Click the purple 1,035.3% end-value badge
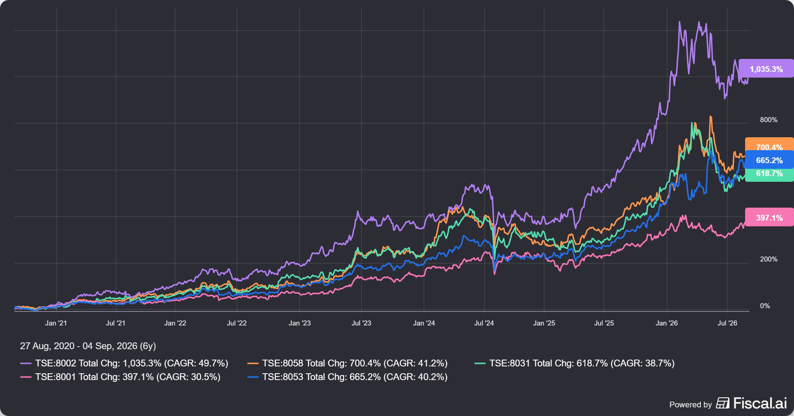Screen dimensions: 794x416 coord(766,69)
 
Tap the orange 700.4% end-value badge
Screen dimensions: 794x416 coord(769,144)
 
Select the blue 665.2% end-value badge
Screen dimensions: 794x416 coord(769,160)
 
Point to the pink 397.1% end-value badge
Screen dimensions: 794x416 coord(769,217)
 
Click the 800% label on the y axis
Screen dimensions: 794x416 coord(768,120)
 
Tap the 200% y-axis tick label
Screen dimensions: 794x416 coord(768,259)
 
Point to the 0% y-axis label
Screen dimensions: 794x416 coord(765,306)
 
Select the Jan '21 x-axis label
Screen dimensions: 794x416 coord(56,323)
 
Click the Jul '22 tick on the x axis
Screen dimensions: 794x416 coord(237,323)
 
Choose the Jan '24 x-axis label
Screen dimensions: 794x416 coord(424,323)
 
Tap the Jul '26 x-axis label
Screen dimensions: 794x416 coord(727,323)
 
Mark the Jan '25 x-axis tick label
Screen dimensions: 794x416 coord(544,323)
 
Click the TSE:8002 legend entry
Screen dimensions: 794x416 coord(124,363)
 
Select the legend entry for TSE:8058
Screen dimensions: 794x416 coord(347,363)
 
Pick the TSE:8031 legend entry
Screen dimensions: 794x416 coord(575,363)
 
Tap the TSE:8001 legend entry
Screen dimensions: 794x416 coord(120,377)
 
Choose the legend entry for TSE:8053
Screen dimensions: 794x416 coord(347,377)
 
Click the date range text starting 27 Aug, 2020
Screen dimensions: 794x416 coord(88,346)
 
